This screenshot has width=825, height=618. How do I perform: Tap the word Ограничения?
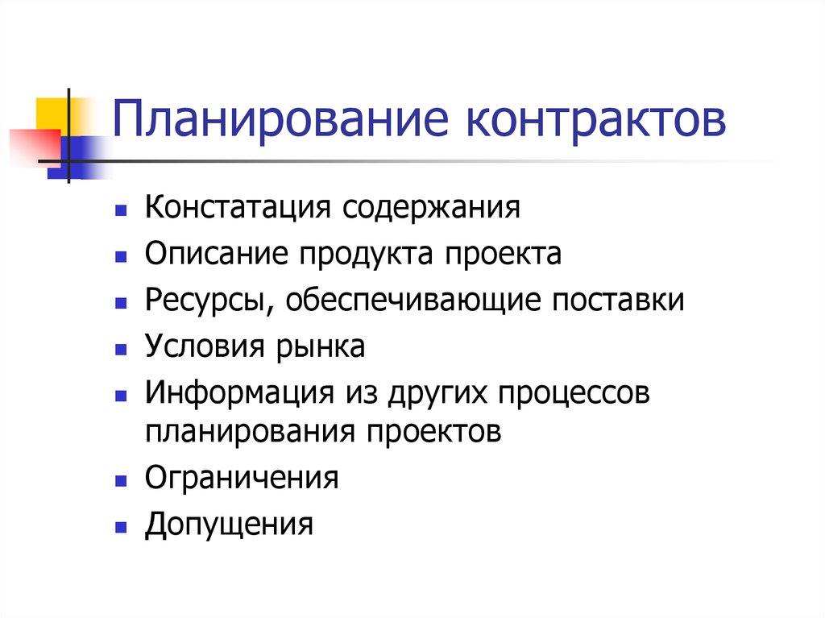242,478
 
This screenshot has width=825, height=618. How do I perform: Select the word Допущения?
229,525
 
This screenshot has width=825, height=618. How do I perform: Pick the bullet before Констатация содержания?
120,210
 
